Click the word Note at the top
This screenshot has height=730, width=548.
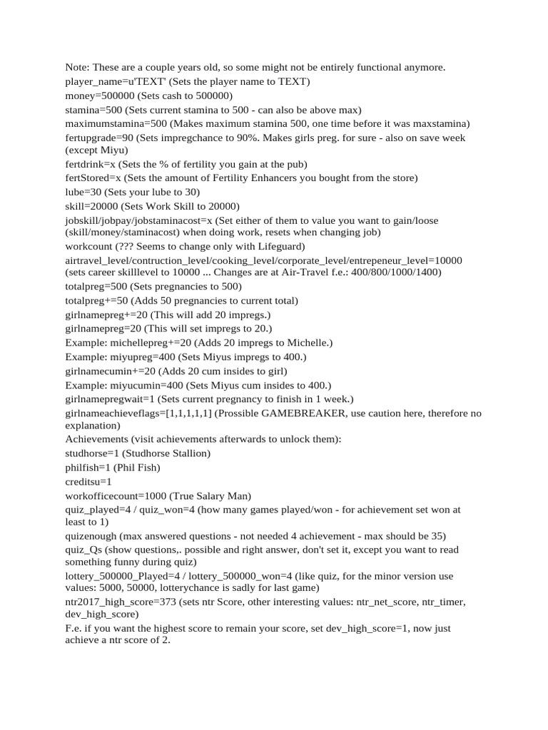click(77, 68)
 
